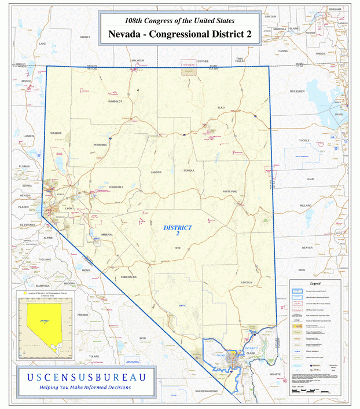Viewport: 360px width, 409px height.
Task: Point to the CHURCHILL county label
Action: point(116,187)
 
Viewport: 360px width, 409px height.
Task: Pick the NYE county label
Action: point(178,247)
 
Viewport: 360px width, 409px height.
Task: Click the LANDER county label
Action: point(156,173)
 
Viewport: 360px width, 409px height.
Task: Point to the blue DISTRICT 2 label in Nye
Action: point(178,231)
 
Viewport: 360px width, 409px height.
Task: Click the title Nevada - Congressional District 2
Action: point(179,35)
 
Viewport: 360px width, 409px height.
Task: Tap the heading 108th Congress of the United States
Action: point(179,20)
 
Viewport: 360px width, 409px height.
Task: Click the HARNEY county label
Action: point(85,36)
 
